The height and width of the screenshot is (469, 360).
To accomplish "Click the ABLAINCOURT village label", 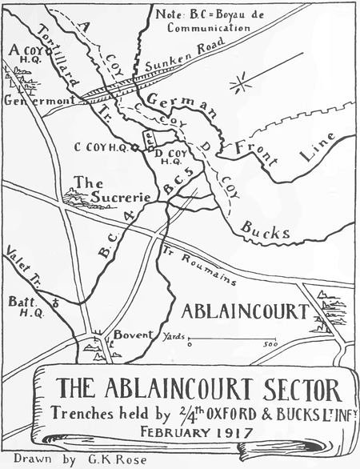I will click(246, 310).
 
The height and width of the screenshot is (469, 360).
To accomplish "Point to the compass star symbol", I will click(238, 83).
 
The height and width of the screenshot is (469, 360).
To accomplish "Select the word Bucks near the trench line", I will click(264, 234).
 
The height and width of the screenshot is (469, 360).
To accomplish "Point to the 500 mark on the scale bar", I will click(270, 345).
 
